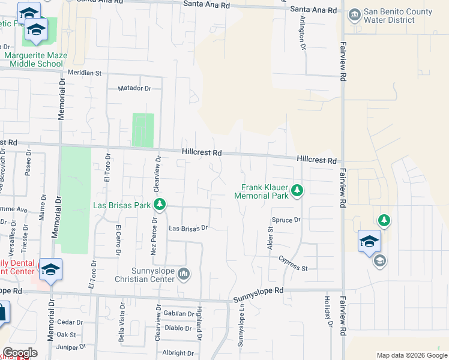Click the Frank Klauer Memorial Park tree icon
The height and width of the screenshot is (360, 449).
click(297, 191)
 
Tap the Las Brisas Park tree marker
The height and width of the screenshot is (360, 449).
click(159, 205)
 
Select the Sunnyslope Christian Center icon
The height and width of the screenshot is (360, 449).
click(184, 274)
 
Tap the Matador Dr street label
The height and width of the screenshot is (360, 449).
click(135, 88)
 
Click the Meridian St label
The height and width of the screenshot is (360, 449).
click(85, 73)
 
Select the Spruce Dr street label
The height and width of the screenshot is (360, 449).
click(286, 220)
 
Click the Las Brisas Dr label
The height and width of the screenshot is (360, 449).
click(188, 228)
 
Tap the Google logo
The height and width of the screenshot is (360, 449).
click(20, 353)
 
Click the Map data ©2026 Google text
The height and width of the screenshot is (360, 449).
click(411, 355)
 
